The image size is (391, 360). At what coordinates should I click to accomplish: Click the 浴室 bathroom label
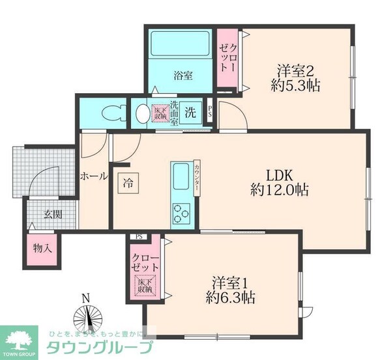(x=183, y=76)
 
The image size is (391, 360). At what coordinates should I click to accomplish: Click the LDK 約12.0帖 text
(x=280, y=183)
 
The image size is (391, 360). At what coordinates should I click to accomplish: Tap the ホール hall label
(x=93, y=176)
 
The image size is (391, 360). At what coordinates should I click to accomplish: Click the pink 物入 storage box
(x=43, y=247)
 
